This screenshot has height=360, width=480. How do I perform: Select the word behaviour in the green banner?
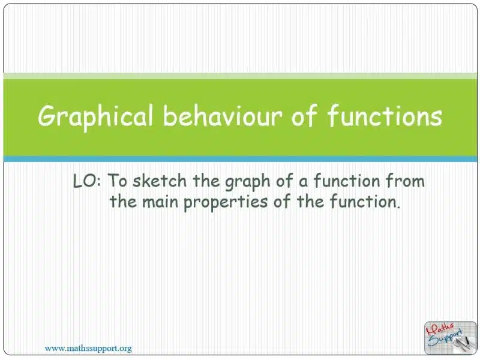pyautogui.click(x=223, y=116)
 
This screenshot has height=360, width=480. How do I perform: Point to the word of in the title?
pyautogui.click(x=304, y=116)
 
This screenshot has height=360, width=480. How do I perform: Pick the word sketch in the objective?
pyautogui.click(x=160, y=181)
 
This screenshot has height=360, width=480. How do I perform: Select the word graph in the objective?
pyautogui.click(x=248, y=182)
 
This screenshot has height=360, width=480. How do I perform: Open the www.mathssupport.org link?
pyautogui.click(x=88, y=349)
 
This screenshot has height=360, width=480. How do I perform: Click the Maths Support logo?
pyautogui.click(x=451, y=338)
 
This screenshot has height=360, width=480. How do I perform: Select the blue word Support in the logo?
pyautogui.click(x=445, y=338)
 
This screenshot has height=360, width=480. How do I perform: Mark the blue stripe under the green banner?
pyautogui.click(x=240, y=159)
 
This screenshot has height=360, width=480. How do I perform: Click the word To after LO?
pyautogui.click(x=117, y=181)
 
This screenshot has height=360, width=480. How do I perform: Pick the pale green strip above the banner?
pyautogui.click(x=240, y=76)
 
